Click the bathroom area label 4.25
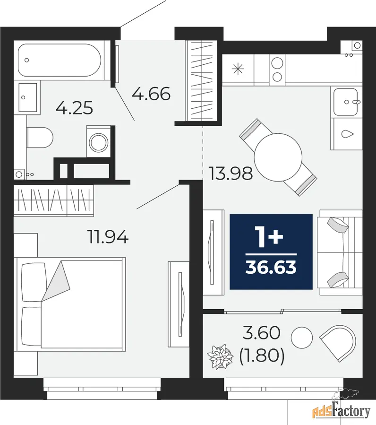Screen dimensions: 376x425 click(74, 108)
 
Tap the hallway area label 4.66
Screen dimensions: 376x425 click(151, 94)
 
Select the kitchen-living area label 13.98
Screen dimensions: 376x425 click(231, 173)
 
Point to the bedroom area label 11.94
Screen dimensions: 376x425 click(108, 237)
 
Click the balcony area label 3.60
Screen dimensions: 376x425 click(261, 333)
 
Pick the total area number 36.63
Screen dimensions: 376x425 click(271, 267)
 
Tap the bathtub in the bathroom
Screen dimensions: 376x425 click(60, 60)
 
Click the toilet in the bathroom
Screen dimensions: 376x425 click(40, 138)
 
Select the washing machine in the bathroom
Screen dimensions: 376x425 click(99, 141)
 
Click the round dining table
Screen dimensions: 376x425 click(278, 157)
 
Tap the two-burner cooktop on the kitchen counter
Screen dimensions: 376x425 click(277, 69)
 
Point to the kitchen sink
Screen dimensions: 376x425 click(346, 102)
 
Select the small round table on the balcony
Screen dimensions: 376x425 click(302, 338)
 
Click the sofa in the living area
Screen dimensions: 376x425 click(340, 252)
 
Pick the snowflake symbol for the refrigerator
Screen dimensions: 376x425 click(238, 69)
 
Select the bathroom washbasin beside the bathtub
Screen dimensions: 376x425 click(27, 97)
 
